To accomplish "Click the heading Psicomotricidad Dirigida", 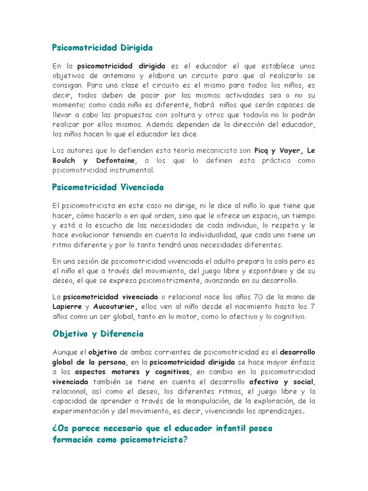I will pos(102,48).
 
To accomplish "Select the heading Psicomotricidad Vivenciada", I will pos(108,187).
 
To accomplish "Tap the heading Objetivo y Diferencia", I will pos(98,334).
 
